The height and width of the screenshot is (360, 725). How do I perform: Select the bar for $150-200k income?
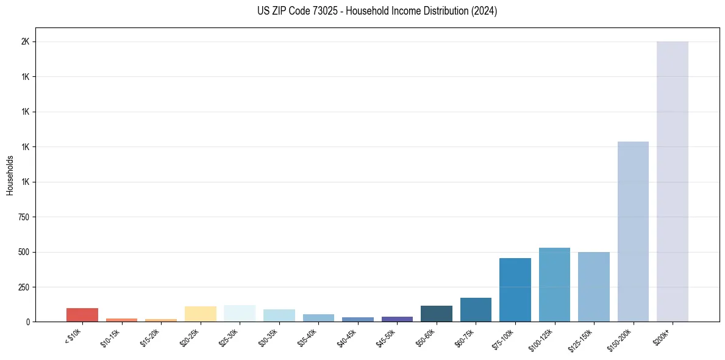(x=633, y=231)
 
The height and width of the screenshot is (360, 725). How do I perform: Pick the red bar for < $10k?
(x=82, y=315)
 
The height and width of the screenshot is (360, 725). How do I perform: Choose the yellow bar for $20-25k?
(x=201, y=314)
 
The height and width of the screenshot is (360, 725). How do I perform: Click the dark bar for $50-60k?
(x=437, y=314)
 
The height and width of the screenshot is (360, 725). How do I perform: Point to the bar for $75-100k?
(x=515, y=290)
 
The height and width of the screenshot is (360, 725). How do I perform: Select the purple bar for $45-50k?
(x=397, y=319)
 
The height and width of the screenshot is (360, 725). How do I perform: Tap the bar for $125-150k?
(x=594, y=287)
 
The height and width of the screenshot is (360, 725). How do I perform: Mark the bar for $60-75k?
(x=476, y=309)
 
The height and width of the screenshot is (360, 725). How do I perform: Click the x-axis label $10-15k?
(x=110, y=336)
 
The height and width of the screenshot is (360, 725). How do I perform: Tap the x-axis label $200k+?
(x=663, y=334)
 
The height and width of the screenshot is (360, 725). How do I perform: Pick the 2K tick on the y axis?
(x=27, y=41)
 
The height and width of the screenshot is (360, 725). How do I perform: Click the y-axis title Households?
(x=10, y=175)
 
